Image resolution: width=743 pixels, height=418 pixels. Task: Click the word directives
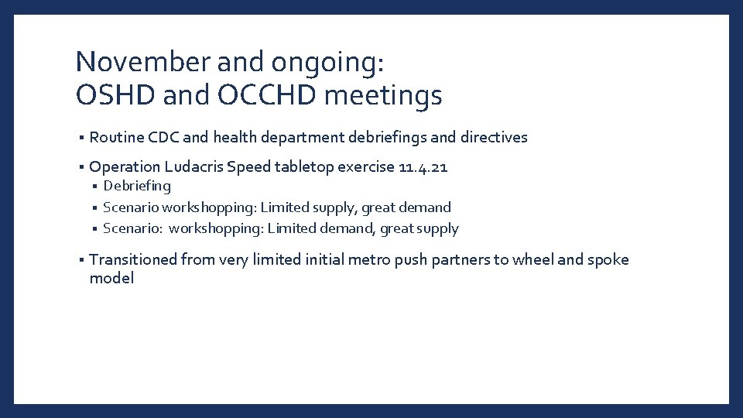click(x=494, y=137)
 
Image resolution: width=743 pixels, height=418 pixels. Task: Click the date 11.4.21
click(x=423, y=166)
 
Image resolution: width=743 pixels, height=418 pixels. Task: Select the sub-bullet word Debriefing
click(x=137, y=186)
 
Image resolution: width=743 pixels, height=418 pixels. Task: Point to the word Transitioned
click(x=132, y=259)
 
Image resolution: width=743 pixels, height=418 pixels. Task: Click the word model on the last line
click(x=111, y=279)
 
